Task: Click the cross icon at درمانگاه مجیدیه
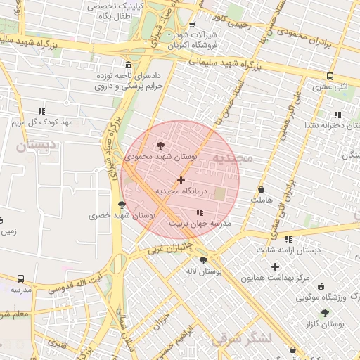click(x=181, y=181)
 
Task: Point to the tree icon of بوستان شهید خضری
click(x=122, y=205)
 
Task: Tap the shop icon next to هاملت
click(x=262, y=190)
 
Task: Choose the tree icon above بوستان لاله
click(x=203, y=260)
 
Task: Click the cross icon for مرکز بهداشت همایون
click(x=275, y=266)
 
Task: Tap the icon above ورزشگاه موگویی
click(x=322, y=286)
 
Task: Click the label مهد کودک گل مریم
click(x=42, y=122)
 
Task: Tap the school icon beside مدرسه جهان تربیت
click(x=200, y=212)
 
